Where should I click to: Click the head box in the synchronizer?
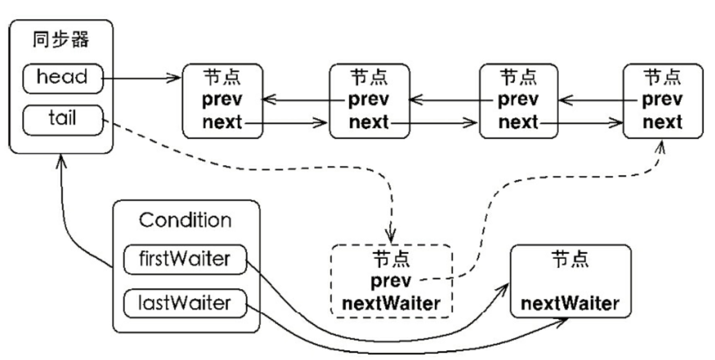pyautogui.click(x=63, y=78)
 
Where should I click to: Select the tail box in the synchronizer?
pyautogui.click(x=63, y=120)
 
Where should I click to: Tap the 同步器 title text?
pyautogui.click(x=61, y=40)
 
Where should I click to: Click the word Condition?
pyautogui.click(x=185, y=221)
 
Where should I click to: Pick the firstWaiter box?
pyautogui.click(x=185, y=259)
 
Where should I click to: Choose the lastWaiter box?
pyautogui.click(x=185, y=303)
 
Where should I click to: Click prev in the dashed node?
pyautogui.click(x=391, y=281)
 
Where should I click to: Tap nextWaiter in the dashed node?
pyautogui.click(x=391, y=304)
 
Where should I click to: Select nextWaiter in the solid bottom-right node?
pyautogui.click(x=570, y=303)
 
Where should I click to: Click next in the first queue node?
pyautogui.click(x=222, y=122)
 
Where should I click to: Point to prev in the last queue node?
pyautogui.click(x=662, y=100)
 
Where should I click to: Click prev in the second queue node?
pyautogui.click(x=368, y=100)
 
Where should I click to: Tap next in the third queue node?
pyautogui.click(x=518, y=122)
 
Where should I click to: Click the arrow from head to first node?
pyautogui.click(x=141, y=78)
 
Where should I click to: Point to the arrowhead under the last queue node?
pyautogui.click(x=661, y=147)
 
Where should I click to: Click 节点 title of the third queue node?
pyautogui.click(x=518, y=77)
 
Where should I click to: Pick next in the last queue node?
pyautogui.click(x=662, y=122)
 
